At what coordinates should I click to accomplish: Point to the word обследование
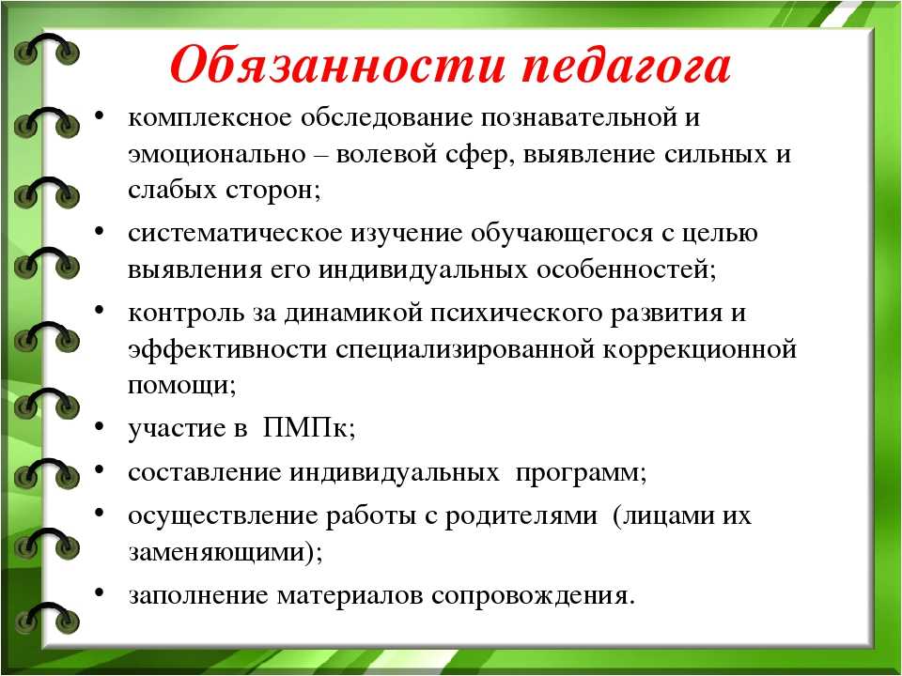click(386, 117)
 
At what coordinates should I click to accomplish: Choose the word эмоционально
click(217, 154)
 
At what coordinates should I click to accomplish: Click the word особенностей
click(627, 269)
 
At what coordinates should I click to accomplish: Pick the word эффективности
click(227, 349)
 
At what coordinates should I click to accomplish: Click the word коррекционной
click(699, 349)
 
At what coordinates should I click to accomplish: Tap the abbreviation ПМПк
click(309, 428)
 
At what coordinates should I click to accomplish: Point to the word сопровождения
click(534, 596)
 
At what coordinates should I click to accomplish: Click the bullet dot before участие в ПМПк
click(100, 426)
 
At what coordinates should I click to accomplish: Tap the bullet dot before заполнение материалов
click(100, 592)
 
